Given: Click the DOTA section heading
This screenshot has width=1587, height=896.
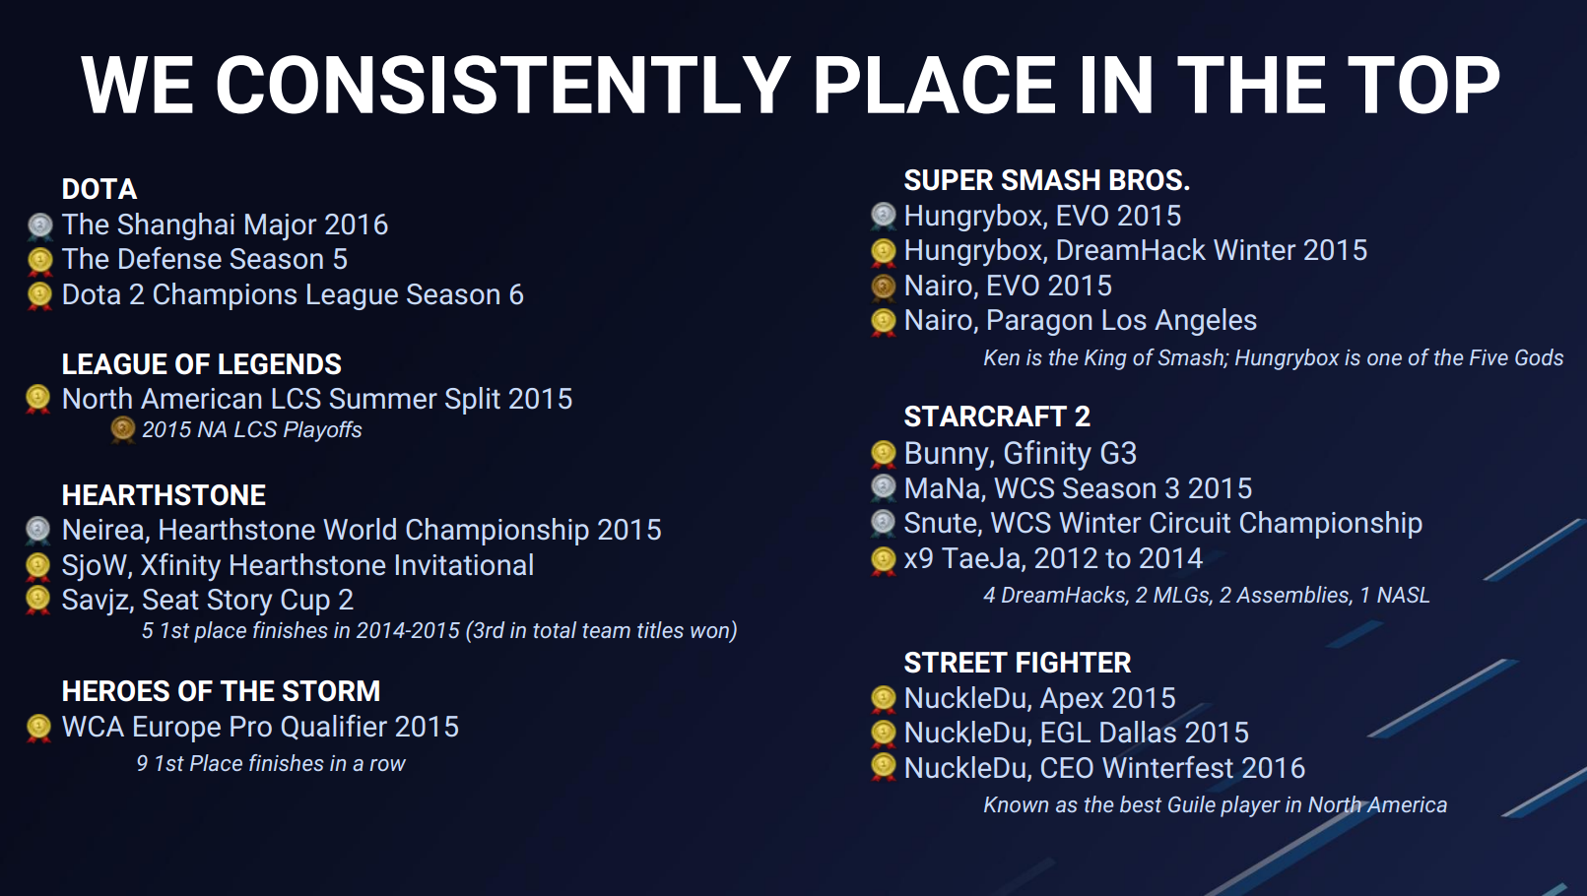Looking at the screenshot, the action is point(99,190).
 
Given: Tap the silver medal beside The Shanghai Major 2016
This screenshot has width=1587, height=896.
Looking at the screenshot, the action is point(39,225).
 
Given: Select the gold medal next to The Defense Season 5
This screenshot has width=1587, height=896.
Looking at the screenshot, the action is point(39,261).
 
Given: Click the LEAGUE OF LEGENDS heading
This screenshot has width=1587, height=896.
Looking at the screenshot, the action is point(201,364).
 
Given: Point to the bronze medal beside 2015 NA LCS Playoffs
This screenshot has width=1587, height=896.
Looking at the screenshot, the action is point(122,430).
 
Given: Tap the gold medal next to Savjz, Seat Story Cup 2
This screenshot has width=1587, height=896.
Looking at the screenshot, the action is point(38,601).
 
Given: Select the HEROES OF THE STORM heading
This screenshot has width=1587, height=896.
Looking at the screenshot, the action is point(221,691).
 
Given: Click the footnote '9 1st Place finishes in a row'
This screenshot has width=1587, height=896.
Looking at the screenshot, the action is point(271,763).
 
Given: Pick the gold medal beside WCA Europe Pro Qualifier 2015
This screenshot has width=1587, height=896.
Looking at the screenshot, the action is point(38,729).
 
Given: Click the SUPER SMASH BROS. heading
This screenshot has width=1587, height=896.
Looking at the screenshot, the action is point(1046,180).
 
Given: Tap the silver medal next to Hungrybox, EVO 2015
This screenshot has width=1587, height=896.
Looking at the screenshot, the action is point(883,217).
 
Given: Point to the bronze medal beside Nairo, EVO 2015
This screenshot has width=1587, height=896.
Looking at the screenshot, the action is point(883,287).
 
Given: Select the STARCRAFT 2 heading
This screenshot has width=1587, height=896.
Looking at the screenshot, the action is point(997,417).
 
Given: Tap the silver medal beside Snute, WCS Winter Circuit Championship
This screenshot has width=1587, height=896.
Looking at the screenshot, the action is point(883,524).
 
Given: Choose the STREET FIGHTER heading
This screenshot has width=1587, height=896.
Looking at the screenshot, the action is point(1018,664).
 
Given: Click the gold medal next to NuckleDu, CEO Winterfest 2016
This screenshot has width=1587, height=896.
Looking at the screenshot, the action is point(883,769).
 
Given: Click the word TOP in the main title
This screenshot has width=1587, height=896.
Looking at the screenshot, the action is point(1423,87).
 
